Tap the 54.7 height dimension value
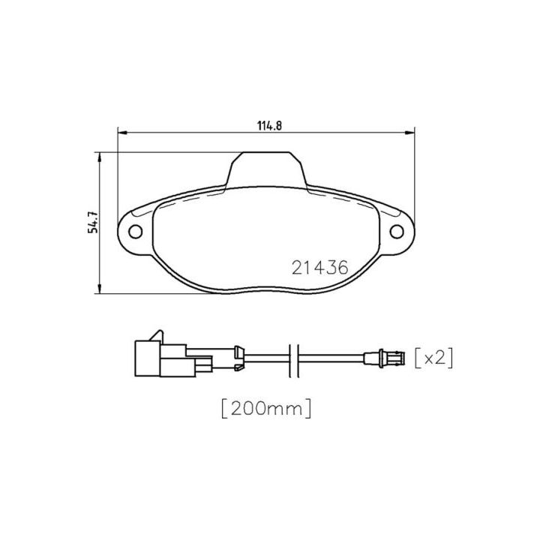click(94, 222)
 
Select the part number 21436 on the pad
click(320, 268)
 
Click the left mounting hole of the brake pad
click(135, 231)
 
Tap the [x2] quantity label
click(434, 358)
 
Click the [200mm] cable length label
click(266, 409)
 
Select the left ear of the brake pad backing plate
click(136, 230)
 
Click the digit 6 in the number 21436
click(344, 268)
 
